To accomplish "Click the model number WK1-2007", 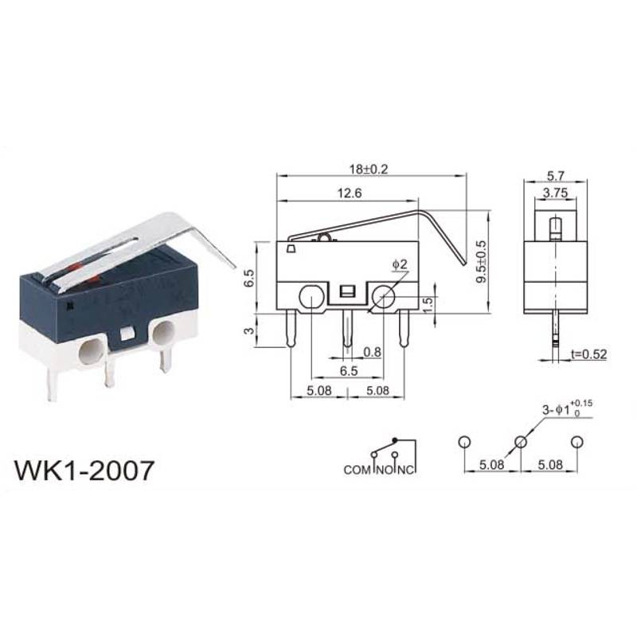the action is (84, 471).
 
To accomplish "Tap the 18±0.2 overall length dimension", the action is (369, 169).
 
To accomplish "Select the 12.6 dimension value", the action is (350, 193).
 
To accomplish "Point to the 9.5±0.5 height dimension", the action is (481, 262).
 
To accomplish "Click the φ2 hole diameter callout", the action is (400, 264).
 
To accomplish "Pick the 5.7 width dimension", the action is (555, 176).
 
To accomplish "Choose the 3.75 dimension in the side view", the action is (555, 193).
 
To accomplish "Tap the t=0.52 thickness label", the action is (588, 354).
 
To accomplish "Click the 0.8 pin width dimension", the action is (373, 352).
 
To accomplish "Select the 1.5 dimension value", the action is (428, 304).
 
